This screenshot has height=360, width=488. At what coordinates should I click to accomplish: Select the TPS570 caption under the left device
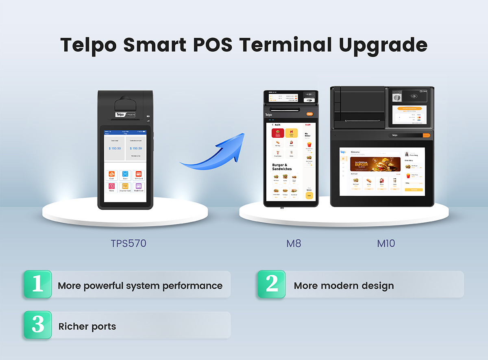129,243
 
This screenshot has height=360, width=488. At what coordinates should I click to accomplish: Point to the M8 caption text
294,243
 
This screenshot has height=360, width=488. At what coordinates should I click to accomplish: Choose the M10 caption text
386,243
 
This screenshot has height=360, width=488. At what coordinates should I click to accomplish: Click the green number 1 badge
38,284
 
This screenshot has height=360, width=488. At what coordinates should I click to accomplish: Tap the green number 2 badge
272,284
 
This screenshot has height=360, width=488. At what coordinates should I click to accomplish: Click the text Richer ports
87,326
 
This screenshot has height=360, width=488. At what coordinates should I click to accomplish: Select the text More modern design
344,286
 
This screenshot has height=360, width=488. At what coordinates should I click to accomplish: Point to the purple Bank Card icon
139,187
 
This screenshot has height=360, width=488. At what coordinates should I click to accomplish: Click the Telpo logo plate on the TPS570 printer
125,115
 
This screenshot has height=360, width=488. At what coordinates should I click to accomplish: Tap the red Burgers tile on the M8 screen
278,133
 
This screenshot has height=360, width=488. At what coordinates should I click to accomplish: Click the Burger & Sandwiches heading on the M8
282,167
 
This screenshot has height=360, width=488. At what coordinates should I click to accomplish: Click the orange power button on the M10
426,135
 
